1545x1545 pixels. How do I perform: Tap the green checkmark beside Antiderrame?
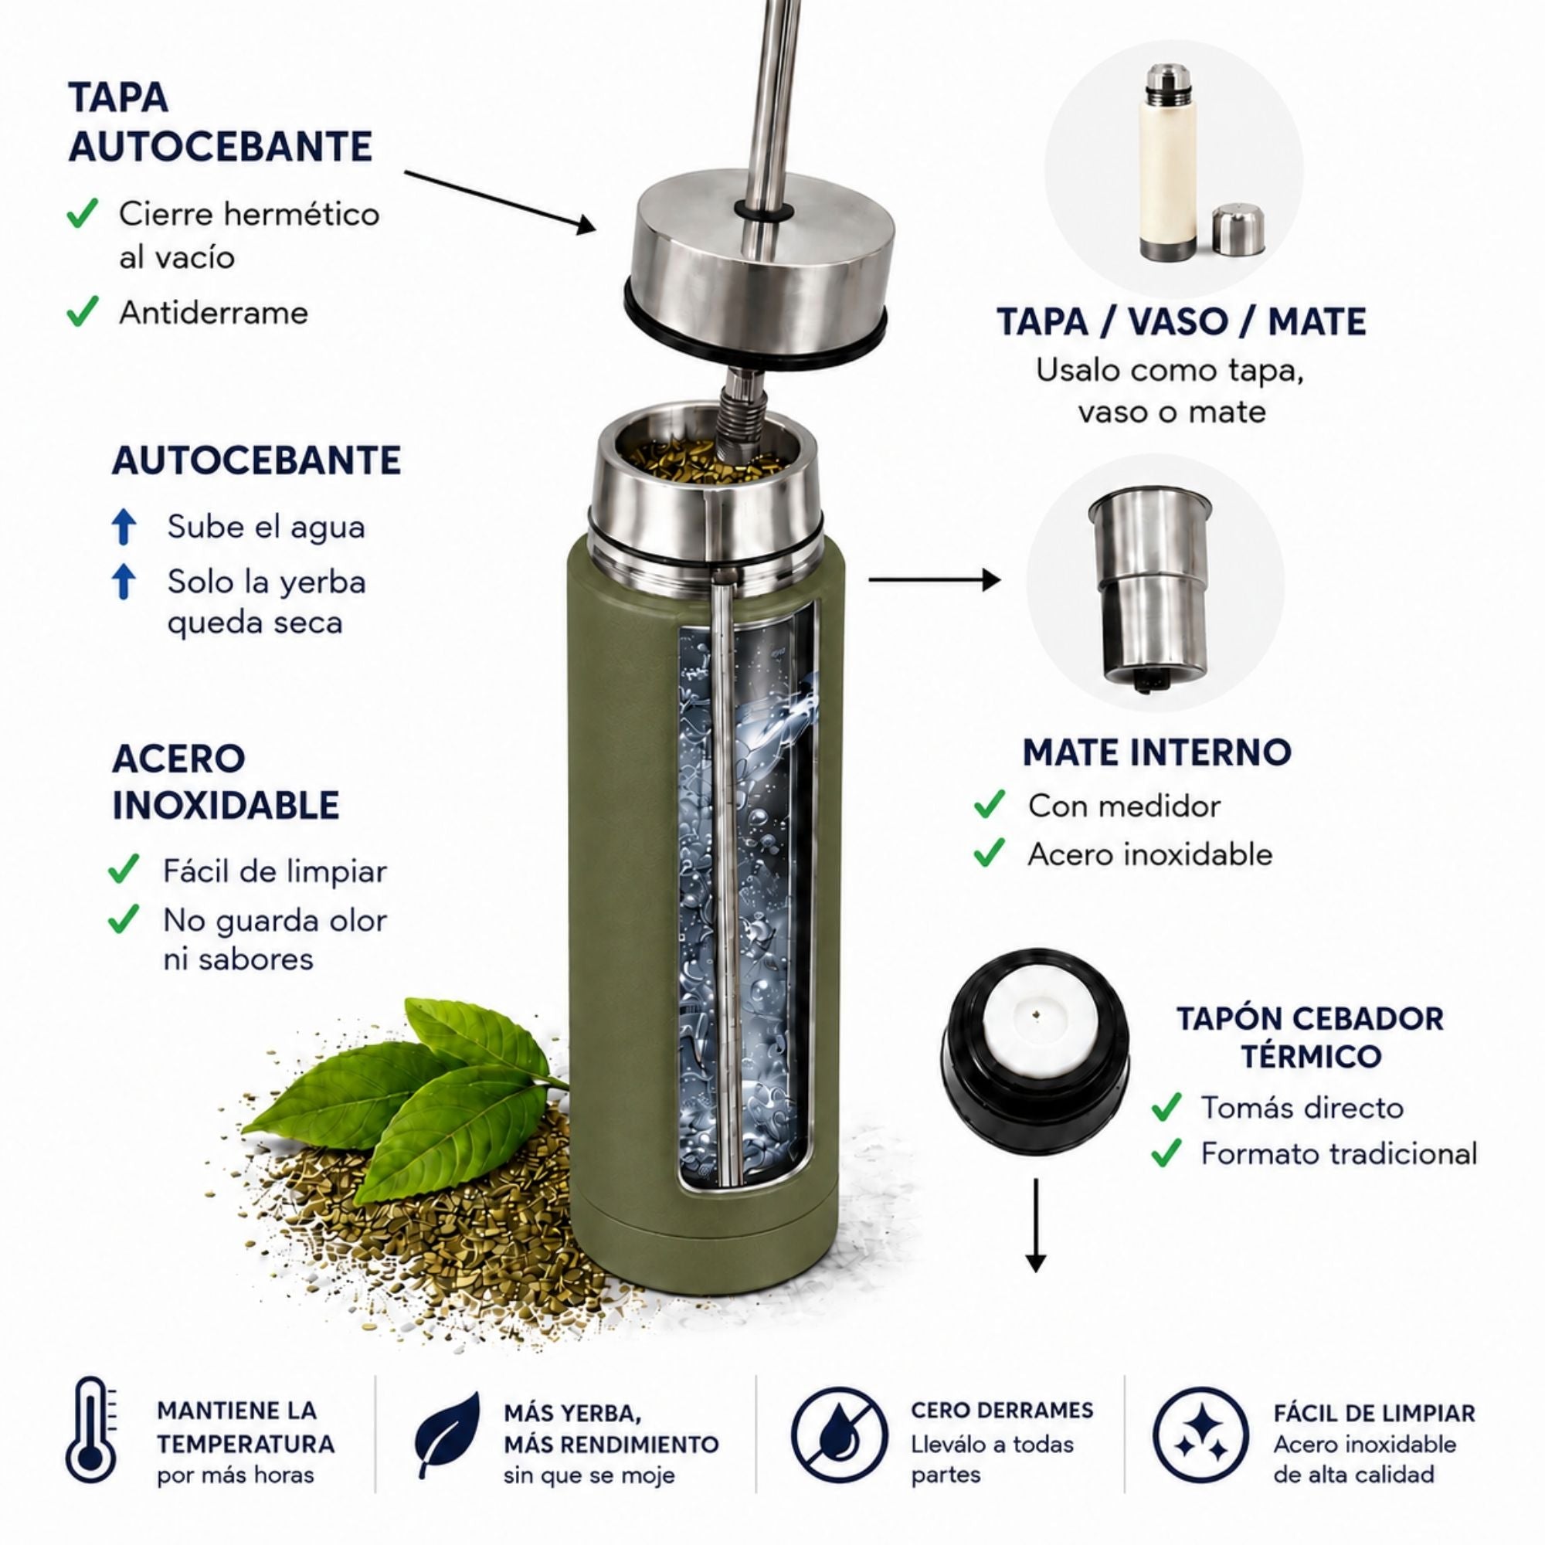click(x=83, y=311)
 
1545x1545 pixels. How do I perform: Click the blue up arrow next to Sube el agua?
click(x=124, y=527)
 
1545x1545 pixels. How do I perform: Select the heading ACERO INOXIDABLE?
click(x=226, y=781)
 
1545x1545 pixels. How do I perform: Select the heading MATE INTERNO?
click(x=1157, y=752)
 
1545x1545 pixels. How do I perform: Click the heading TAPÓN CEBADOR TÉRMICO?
click(x=1311, y=1037)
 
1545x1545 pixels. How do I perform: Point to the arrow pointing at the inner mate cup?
click(x=934, y=580)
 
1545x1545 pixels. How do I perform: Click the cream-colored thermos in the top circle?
click(x=1168, y=163)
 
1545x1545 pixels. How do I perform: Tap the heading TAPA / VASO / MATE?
click(x=1181, y=321)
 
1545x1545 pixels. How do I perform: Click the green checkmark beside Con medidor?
click(x=990, y=805)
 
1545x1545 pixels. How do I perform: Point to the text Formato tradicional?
click(x=1339, y=1153)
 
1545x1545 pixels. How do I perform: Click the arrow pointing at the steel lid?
click(x=501, y=201)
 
